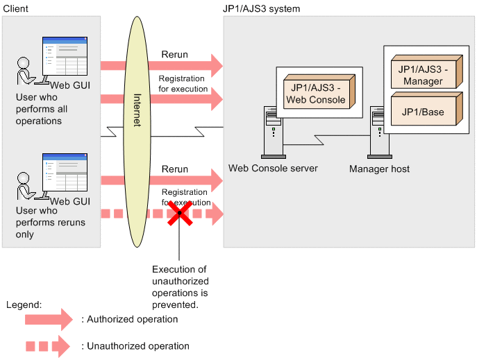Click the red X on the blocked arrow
click(x=179, y=214)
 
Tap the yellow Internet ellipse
click(x=136, y=132)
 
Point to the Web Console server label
click(x=273, y=169)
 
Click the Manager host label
click(x=379, y=169)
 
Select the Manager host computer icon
click(x=379, y=132)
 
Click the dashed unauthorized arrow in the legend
click(x=48, y=345)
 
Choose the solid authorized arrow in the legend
click(x=48, y=320)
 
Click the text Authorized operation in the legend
click(x=130, y=320)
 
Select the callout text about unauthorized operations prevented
click(x=179, y=286)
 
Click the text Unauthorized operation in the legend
click(x=135, y=345)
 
